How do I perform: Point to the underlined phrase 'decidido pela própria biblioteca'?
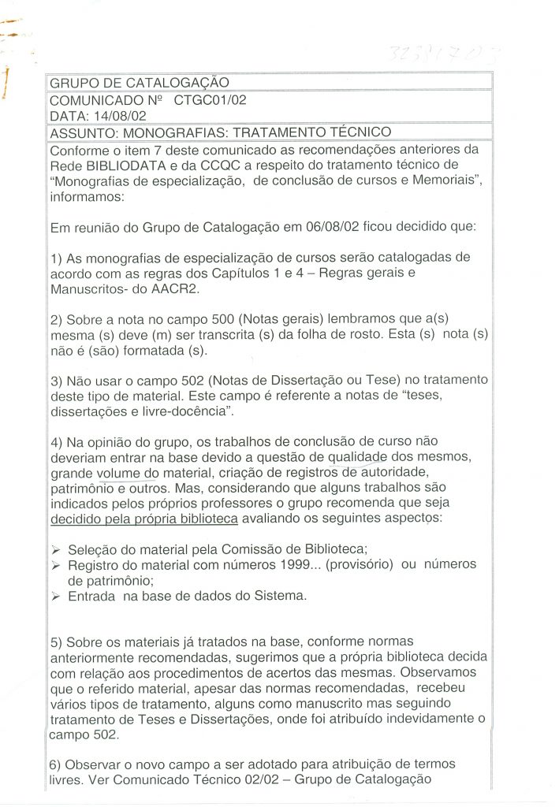point(143,519)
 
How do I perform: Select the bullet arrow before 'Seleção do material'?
point(55,549)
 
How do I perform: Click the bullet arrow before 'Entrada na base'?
point(55,596)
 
